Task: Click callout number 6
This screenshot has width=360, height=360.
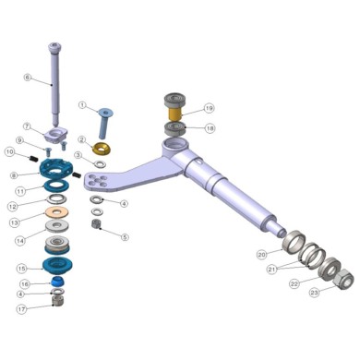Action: point(28,78)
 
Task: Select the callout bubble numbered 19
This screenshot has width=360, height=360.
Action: point(210,108)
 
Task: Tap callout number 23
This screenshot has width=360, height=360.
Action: point(316,292)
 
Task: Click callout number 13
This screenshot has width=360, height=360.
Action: point(14,222)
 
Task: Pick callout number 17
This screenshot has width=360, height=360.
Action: point(22,309)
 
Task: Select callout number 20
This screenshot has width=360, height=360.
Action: point(261,254)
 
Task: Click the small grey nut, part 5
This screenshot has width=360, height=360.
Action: point(96,224)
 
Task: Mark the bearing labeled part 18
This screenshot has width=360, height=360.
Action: point(175,127)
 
